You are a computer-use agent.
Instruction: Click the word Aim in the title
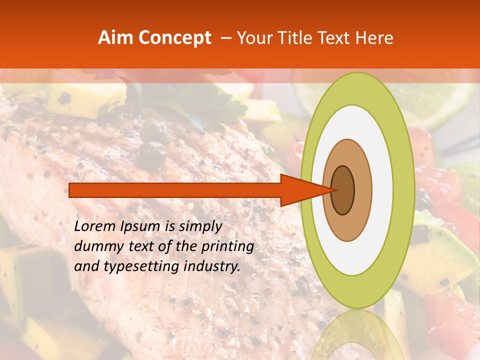[115, 38]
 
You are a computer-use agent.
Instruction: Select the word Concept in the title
[175, 38]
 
